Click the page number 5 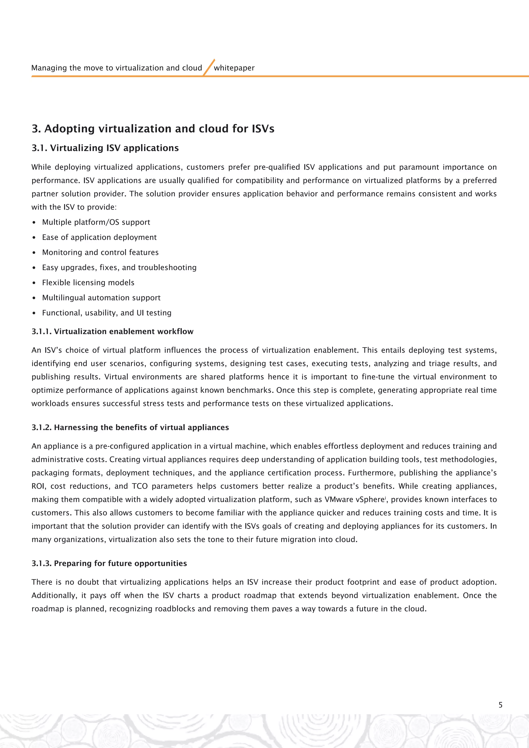pos(500,705)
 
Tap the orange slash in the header pos(209,67)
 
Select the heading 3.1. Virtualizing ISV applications pos(105,148)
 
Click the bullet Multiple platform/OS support pos(96,222)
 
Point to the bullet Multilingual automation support pos(101,298)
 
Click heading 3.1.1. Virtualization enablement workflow pos(112,331)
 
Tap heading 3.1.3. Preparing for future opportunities pos(109,563)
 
